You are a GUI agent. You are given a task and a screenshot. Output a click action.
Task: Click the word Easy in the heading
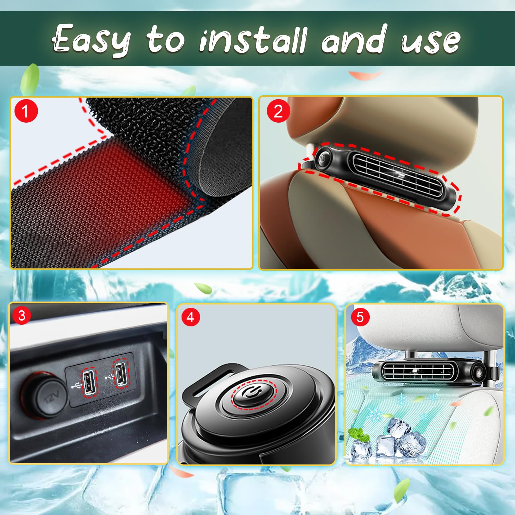click(x=92, y=40)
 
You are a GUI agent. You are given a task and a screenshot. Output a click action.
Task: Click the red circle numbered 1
click(x=26, y=111)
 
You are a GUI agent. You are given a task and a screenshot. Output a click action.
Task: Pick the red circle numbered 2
click(x=278, y=111)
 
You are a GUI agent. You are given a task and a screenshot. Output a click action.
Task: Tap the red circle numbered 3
click(x=22, y=315)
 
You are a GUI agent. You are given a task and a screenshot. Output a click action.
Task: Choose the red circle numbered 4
click(x=191, y=317)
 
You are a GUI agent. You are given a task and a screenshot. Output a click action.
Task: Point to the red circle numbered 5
click(x=360, y=317)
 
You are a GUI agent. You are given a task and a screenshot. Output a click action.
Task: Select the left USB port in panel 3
click(x=89, y=381)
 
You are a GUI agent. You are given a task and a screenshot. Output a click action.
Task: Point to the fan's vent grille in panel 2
click(x=399, y=175)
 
